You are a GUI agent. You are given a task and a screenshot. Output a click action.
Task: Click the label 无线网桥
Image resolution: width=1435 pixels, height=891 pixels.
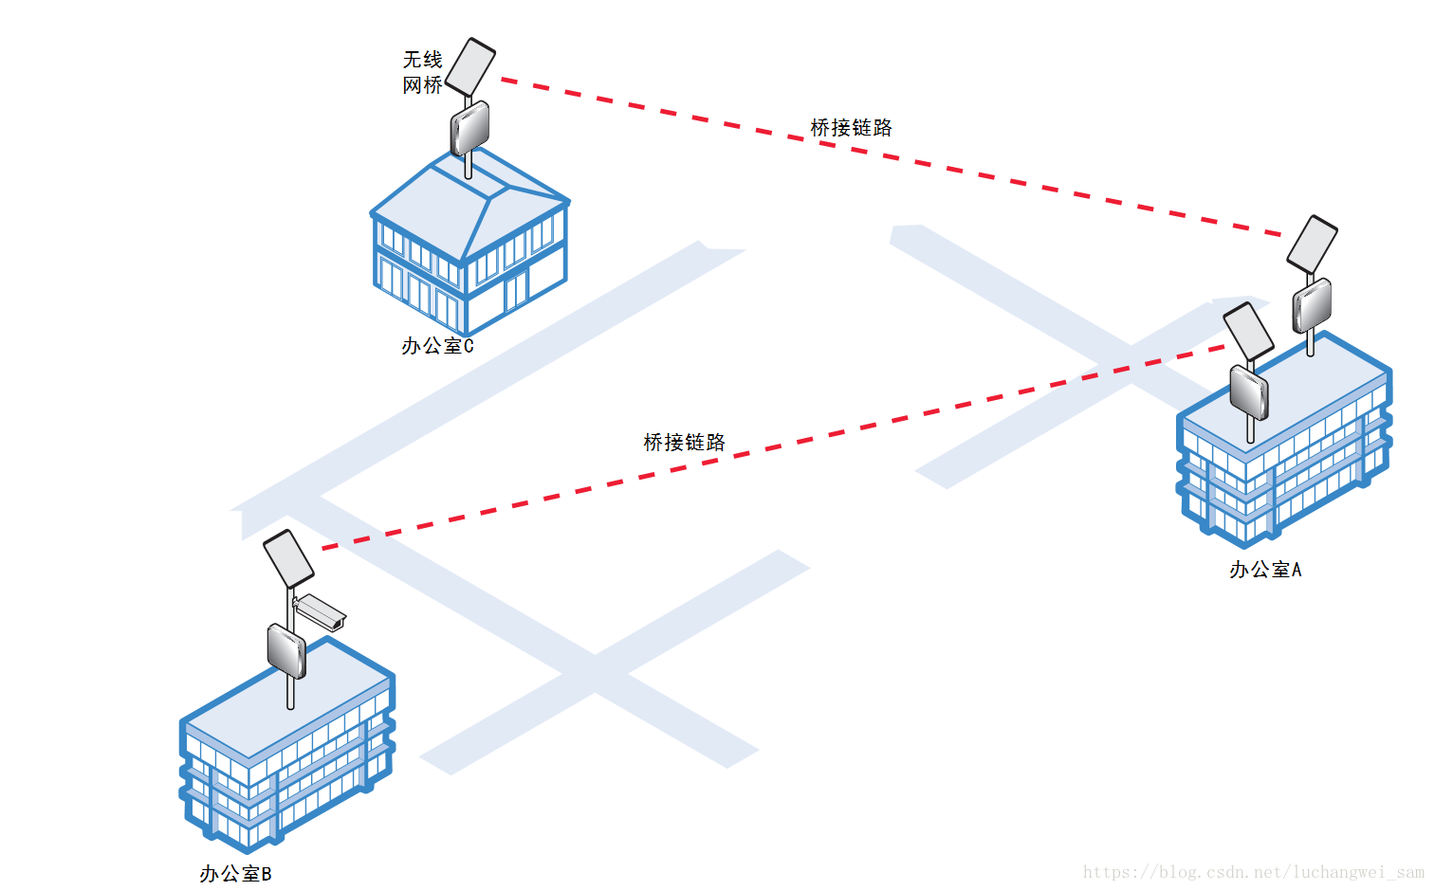[x=422, y=72]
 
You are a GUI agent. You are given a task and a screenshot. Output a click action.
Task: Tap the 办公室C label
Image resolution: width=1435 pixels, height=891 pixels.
[x=437, y=346]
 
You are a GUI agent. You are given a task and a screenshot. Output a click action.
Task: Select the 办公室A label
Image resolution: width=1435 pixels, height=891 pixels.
[x=1265, y=570]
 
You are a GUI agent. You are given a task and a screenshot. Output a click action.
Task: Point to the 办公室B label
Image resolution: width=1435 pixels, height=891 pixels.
[x=235, y=874]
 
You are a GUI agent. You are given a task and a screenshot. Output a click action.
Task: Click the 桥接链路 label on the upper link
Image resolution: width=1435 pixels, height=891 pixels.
[x=851, y=128]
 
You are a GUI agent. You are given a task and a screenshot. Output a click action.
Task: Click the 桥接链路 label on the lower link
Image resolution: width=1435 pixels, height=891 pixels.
[x=684, y=443]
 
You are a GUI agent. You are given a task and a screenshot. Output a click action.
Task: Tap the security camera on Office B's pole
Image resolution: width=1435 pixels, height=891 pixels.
[x=320, y=611]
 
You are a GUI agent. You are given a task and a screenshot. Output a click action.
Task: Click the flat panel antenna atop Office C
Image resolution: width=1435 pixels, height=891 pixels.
[x=470, y=66]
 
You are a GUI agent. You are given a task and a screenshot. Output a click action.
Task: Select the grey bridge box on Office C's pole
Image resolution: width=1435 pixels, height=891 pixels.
[x=469, y=128]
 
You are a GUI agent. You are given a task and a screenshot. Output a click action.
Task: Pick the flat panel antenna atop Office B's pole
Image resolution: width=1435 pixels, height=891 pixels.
[x=288, y=558]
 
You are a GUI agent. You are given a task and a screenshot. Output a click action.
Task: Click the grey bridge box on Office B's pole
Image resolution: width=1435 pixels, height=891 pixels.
[x=285, y=650]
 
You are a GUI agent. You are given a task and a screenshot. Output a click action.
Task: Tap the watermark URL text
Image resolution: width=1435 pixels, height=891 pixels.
[x=1253, y=872]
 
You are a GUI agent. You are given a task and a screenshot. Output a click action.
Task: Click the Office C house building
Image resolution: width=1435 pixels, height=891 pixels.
[x=469, y=246]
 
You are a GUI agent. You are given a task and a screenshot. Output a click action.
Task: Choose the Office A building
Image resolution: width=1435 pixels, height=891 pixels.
[x=1285, y=445]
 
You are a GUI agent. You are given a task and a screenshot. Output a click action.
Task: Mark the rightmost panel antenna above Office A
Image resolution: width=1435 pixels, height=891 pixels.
[x=1312, y=244]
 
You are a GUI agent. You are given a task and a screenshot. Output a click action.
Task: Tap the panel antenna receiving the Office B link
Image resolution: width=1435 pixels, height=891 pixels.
[x=1248, y=329]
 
